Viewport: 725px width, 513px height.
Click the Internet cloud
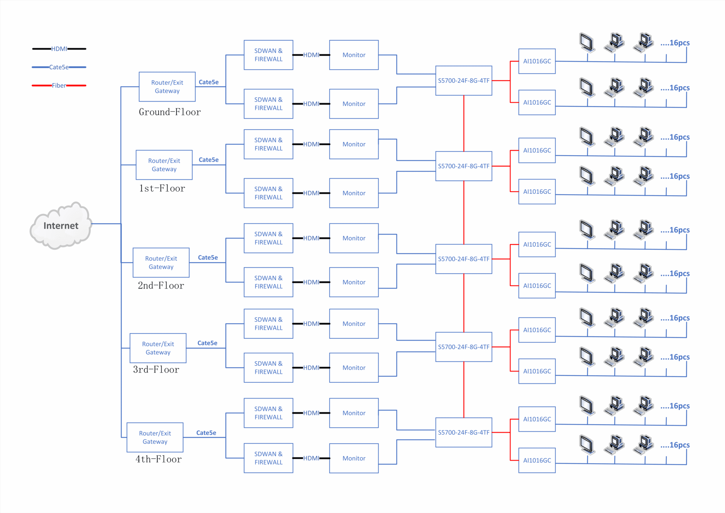[x=61, y=226]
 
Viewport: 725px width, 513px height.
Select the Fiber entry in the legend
[x=59, y=85]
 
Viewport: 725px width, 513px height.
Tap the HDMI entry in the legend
[x=59, y=49]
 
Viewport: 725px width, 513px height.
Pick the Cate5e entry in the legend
[x=59, y=67]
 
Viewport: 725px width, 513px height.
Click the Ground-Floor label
[x=170, y=112]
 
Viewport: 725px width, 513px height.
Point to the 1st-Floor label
[x=162, y=188]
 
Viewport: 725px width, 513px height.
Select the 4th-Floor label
[x=159, y=459]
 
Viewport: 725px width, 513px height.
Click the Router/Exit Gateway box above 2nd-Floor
[x=161, y=263]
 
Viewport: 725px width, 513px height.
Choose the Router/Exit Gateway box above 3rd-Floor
[x=158, y=348]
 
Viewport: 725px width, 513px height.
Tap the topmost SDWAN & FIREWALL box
[x=268, y=55]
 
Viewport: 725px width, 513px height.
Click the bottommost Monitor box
[x=354, y=458]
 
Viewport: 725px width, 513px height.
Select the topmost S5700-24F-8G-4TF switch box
[x=464, y=80]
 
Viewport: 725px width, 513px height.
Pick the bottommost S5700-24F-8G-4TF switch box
[x=464, y=432]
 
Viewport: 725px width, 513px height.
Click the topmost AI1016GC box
[x=537, y=61]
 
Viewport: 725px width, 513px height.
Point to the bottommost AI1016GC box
[x=537, y=460]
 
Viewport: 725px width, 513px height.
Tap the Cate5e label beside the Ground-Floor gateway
[x=208, y=82]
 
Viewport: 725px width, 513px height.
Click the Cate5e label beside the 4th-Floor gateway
[x=206, y=433]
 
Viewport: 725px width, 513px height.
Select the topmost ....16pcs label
[x=675, y=43]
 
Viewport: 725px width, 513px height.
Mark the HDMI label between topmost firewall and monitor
[x=311, y=55]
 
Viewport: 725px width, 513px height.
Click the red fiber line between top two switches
[x=464, y=124]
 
